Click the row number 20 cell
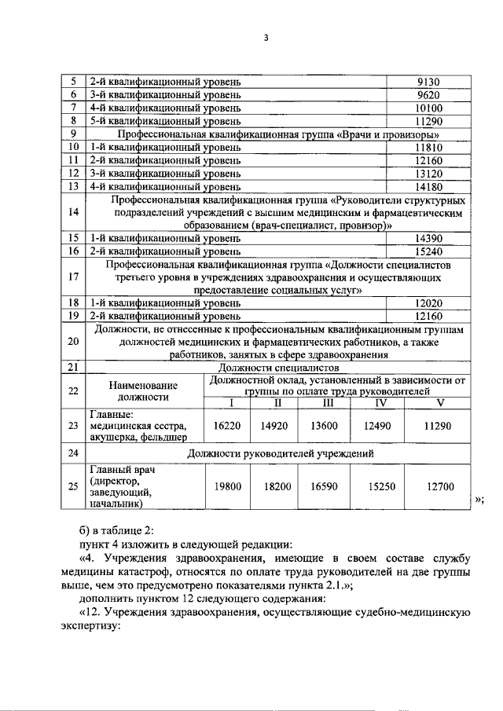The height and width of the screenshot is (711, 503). [x=73, y=341]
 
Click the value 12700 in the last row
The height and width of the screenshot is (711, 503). [x=441, y=486]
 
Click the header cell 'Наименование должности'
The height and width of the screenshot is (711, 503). [x=143, y=391]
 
